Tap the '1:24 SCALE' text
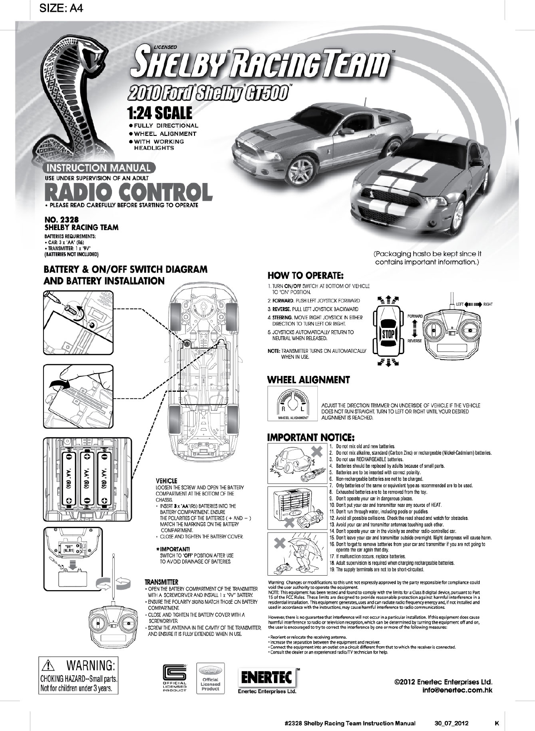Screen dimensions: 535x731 click(160, 112)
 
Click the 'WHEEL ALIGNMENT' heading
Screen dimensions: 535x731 click(308, 380)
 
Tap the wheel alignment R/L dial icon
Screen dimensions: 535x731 click(292, 405)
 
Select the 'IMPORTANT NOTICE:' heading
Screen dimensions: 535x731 click(311, 437)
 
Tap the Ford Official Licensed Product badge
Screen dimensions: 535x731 click(210, 678)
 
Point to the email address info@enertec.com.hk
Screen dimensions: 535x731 click(457, 690)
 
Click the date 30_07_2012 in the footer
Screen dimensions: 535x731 click(448, 723)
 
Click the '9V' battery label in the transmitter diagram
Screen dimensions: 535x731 click(69, 547)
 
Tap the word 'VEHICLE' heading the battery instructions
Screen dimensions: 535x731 click(166, 481)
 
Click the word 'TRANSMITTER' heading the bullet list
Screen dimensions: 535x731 click(161, 582)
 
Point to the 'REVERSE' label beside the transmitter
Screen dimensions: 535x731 click(414, 341)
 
